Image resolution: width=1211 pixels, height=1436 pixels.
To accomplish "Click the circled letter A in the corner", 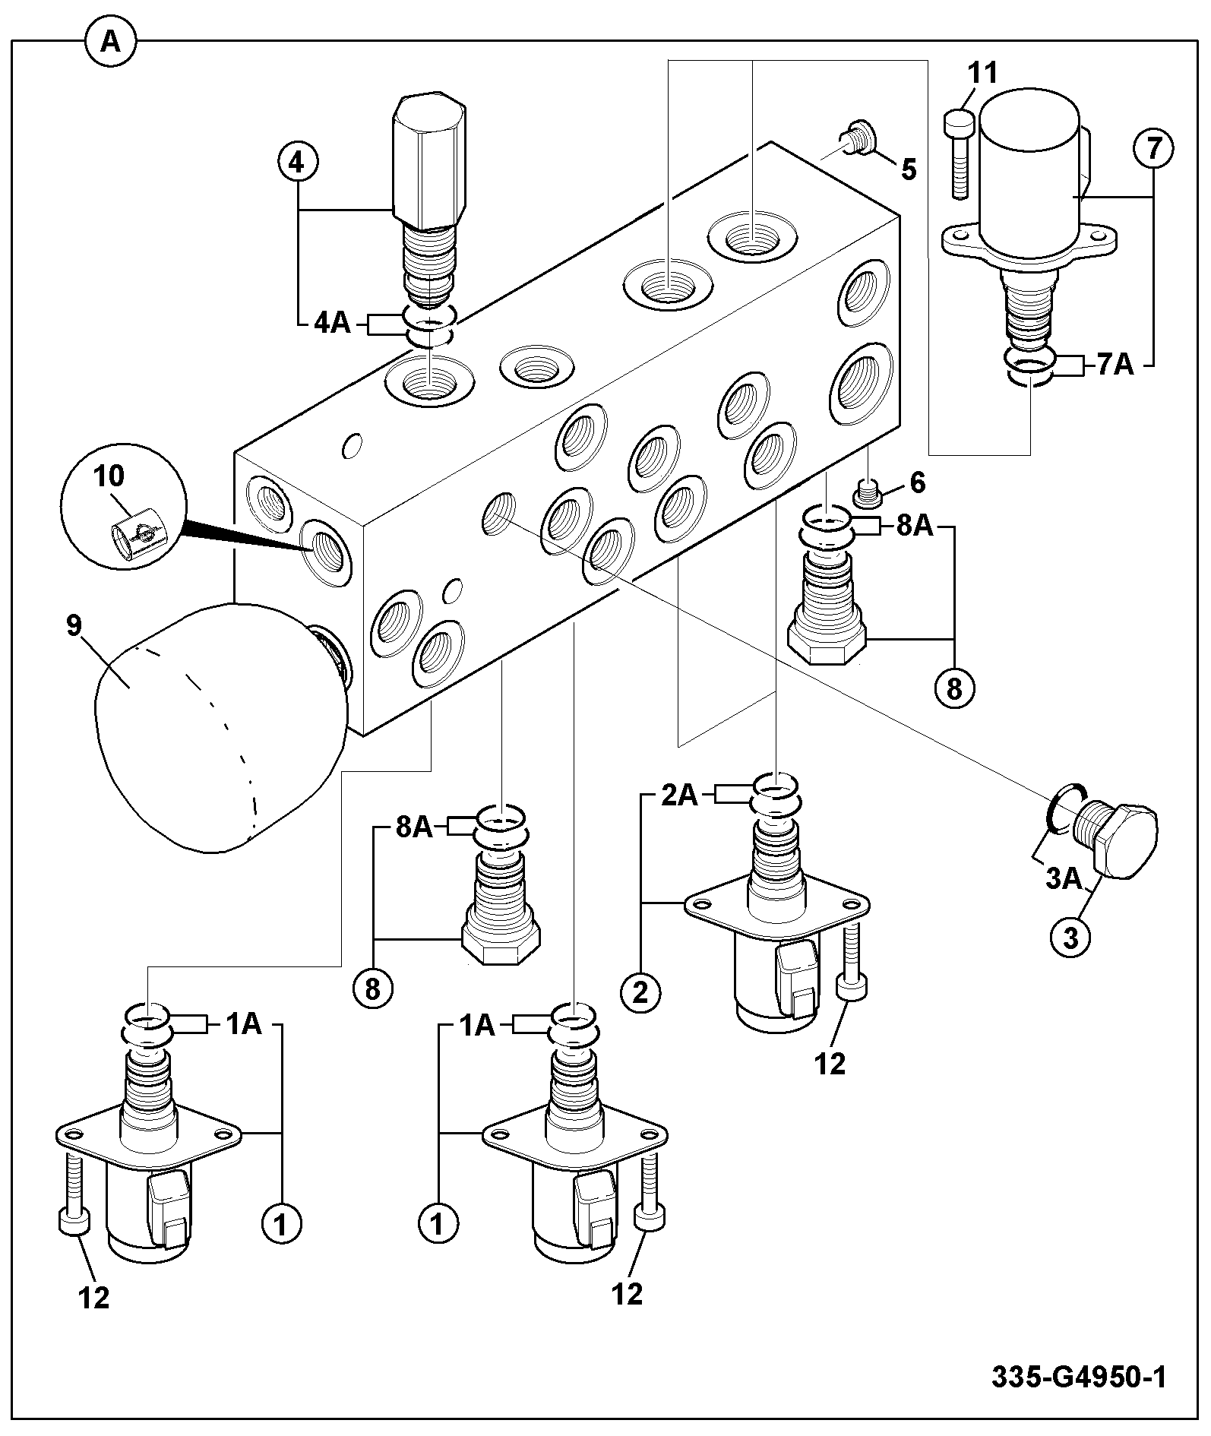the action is pyautogui.click(x=110, y=43).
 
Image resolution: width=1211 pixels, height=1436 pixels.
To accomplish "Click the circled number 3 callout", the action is pyautogui.click(x=1070, y=938).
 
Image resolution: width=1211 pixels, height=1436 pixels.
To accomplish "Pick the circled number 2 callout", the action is pyautogui.click(x=640, y=992).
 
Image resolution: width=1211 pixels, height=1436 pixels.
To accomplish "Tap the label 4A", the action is pyautogui.click(x=333, y=324).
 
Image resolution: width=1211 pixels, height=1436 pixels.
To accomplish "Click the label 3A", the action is pyautogui.click(x=1063, y=880).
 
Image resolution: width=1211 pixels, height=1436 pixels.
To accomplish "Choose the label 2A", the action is pyautogui.click(x=678, y=795).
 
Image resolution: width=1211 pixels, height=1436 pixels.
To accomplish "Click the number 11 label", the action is pyautogui.click(x=983, y=74).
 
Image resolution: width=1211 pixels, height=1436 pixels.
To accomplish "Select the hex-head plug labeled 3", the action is pyautogui.click(x=1115, y=838).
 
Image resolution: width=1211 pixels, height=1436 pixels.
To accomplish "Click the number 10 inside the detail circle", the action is pyautogui.click(x=109, y=476).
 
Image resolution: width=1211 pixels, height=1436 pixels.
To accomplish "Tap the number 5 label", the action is pyautogui.click(x=909, y=169).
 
